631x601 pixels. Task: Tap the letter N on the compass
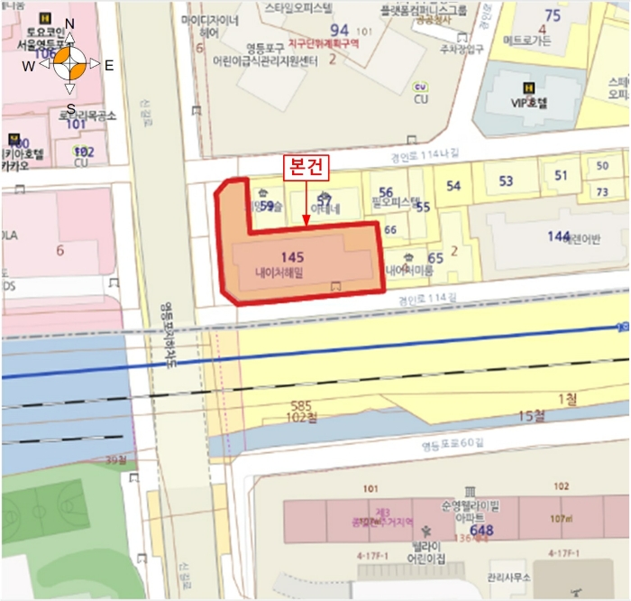coord(70,24)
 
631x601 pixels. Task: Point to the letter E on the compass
coord(108,65)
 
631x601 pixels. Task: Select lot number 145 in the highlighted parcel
coord(292,256)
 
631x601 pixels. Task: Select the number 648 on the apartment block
coord(482,530)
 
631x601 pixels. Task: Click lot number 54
coord(453,187)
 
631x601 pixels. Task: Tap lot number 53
coord(506,181)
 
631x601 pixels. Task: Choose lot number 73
coord(602,191)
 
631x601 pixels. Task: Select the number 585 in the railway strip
coord(301,406)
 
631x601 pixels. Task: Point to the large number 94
coord(338,32)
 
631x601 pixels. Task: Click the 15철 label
coord(533,416)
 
